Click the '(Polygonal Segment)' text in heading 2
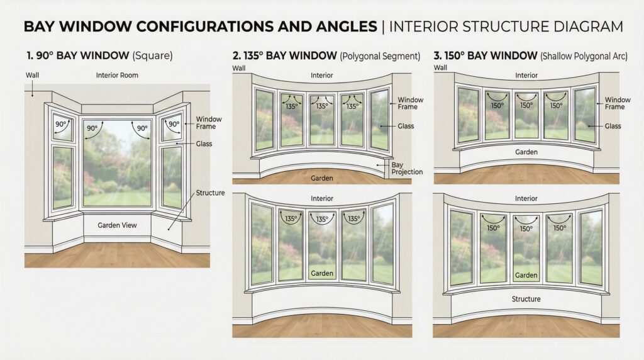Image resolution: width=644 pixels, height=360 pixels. [380, 57]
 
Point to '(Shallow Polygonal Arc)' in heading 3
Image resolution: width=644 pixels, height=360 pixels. [584, 57]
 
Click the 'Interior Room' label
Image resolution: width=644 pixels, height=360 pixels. [117, 76]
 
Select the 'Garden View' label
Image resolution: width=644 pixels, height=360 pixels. [118, 225]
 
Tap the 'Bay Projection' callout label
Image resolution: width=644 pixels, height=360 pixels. [407, 168]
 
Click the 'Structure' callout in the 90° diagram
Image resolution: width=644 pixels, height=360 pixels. [210, 193]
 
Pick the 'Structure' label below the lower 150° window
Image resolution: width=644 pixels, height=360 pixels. [526, 299]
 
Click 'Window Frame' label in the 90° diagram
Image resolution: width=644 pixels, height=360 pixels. [208, 123]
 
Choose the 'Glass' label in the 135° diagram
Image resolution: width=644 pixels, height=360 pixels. [406, 127]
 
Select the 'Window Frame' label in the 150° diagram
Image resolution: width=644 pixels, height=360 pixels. [618, 103]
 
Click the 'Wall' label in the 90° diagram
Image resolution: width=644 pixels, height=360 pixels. [32, 76]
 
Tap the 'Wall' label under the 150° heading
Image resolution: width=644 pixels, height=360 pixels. [440, 67]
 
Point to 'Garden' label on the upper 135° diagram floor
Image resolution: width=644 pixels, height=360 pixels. [321, 179]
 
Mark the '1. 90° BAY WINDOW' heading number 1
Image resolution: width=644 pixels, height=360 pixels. [30, 56]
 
